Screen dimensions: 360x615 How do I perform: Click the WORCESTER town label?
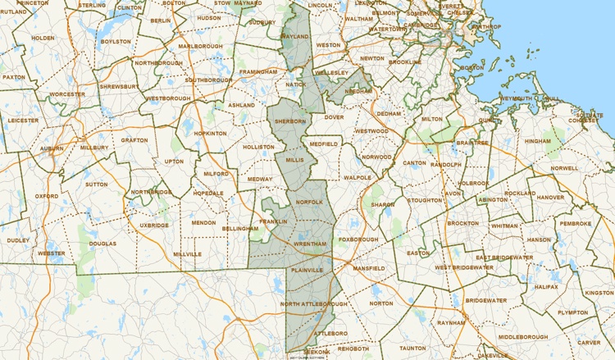(x=66, y=94)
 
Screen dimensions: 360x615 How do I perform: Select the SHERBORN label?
(x=289, y=121)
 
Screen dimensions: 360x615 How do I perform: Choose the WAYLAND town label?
(x=294, y=37)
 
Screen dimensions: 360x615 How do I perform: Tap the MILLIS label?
(x=294, y=160)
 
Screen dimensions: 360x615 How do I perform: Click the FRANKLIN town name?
(x=273, y=221)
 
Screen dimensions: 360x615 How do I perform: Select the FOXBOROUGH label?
(x=358, y=239)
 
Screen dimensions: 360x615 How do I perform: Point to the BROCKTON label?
(x=462, y=223)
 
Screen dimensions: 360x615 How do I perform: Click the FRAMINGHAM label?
(x=258, y=72)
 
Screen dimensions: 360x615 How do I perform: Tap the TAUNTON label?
(x=412, y=348)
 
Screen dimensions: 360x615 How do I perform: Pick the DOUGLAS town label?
(x=102, y=244)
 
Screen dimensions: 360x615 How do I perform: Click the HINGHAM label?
(x=538, y=141)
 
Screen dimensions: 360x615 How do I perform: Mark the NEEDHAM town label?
(x=358, y=93)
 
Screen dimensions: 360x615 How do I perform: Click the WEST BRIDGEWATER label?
(x=464, y=267)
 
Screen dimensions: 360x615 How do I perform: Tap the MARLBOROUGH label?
(x=200, y=46)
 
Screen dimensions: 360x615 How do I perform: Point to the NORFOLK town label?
(x=310, y=202)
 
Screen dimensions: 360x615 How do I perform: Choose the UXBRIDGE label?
(x=153, y=225)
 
